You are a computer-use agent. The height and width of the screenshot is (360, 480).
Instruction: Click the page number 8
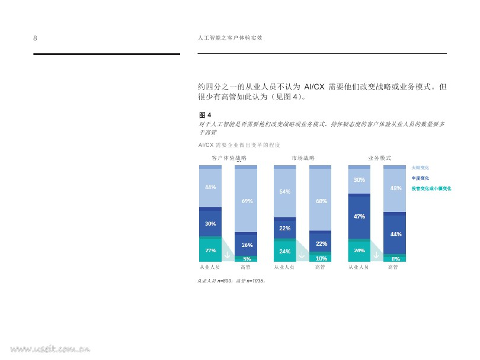(35, 38)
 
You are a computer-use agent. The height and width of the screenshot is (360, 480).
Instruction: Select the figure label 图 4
(205, 115)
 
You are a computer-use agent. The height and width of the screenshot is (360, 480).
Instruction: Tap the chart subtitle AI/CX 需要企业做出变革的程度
(239, 144)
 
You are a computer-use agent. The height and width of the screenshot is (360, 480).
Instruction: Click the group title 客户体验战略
(229, 158)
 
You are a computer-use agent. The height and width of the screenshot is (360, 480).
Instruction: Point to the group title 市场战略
(303, 158)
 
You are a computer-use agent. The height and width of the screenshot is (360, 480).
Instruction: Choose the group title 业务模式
(379, 158)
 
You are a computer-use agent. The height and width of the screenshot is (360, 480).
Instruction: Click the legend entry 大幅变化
(420, 168)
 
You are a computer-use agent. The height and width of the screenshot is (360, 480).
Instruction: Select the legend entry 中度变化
(420, 178)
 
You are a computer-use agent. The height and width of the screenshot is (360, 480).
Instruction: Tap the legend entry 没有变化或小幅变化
(431, 188)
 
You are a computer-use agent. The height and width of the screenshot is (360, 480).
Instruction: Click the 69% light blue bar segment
(247, 201)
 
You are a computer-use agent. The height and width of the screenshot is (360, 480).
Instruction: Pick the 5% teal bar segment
(247, 259)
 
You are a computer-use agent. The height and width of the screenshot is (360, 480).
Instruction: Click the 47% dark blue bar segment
(359, 217)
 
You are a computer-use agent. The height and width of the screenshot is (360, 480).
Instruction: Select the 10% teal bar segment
(321, 258)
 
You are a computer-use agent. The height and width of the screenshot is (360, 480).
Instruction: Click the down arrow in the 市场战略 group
(302, 255)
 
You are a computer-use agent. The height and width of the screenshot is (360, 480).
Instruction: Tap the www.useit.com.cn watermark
(46, 349)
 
